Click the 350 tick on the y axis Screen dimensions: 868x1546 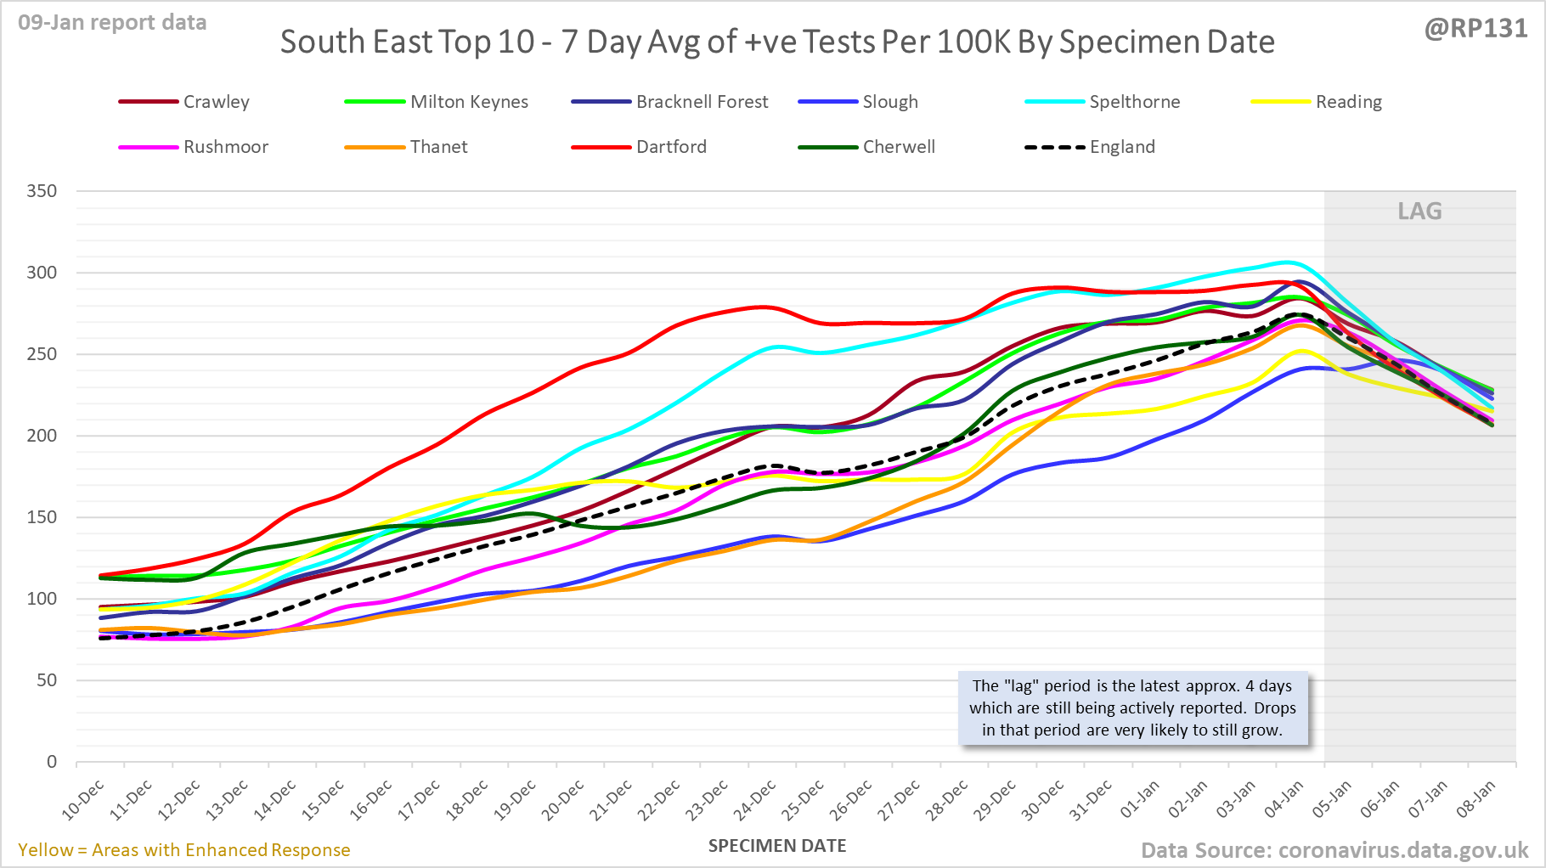[42, 191]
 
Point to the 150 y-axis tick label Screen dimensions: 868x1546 [42, 517]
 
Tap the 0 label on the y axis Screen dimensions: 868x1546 [52, 762]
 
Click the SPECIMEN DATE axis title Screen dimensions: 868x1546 [777, 846]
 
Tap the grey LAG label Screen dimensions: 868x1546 [1419, 211]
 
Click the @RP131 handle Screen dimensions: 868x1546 [1475, 29]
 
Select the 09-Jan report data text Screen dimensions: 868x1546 [112, 23]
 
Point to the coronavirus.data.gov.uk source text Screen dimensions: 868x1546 [1334, 850]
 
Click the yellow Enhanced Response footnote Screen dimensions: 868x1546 [184, 850]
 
